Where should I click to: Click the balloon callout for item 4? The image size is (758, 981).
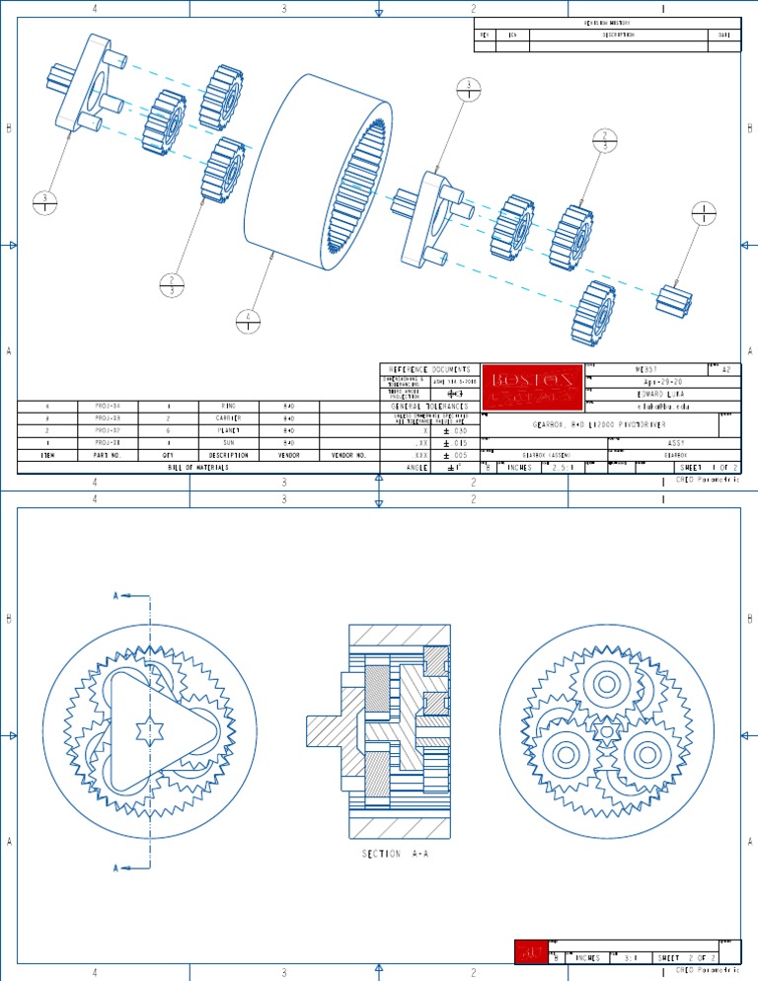coord(249,322)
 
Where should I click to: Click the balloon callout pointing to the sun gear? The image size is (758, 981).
coord(703,213)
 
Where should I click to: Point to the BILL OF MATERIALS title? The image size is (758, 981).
coord(197,468)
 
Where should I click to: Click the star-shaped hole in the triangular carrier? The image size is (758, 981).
coord(146,733)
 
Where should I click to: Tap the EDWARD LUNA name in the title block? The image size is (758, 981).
coord(663,393)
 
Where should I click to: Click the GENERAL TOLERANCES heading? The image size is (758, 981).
coord(428,406)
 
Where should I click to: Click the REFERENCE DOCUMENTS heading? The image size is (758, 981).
coord(428,369)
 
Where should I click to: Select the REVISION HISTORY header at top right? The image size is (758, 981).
coord(607,22)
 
